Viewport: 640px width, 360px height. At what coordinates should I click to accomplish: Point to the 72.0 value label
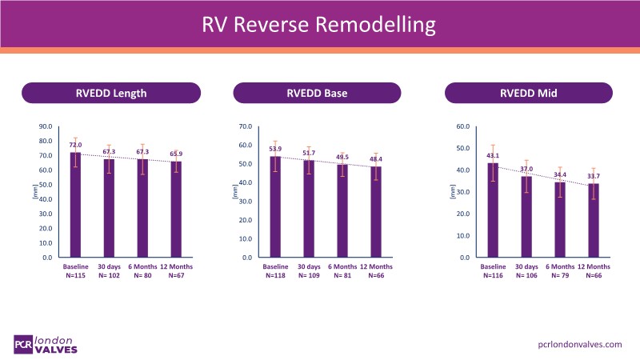[x=75, y=145]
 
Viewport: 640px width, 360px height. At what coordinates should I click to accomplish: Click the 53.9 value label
[x=274, y=149]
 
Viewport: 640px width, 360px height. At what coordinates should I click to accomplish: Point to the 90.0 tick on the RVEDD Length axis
[x=46, y=126]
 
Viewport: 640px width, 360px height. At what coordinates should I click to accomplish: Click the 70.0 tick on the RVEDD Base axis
[x=246, y=126]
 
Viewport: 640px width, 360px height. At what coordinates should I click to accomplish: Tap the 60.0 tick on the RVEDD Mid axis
[x=462, y=126]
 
